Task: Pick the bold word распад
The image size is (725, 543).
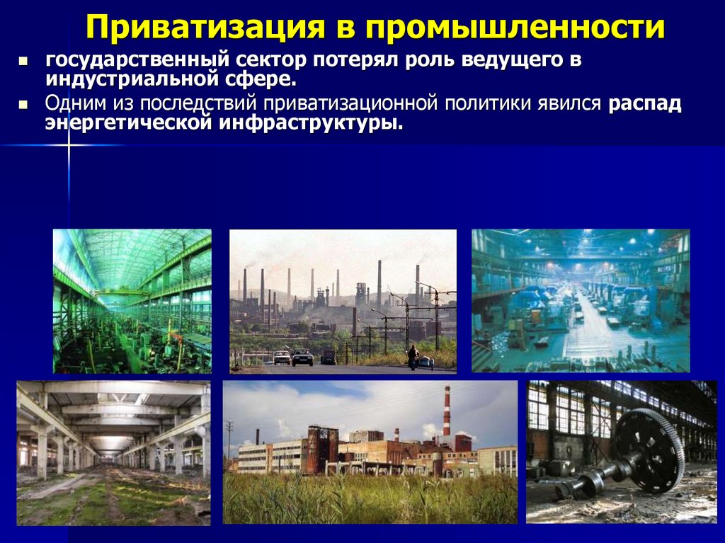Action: click(644, 104)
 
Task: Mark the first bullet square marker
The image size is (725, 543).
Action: click(23, 62)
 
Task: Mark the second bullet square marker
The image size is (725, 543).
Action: click(23, 105)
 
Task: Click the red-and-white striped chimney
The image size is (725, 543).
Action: click(446, 411)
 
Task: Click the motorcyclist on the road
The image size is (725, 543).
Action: click(412, 355)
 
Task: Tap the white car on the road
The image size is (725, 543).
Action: click(282, 358)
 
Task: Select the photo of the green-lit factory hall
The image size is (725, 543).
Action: click(132, 301)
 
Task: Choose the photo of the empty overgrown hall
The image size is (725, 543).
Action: click(113, 452)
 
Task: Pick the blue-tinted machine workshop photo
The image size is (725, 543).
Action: click(581, 301)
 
